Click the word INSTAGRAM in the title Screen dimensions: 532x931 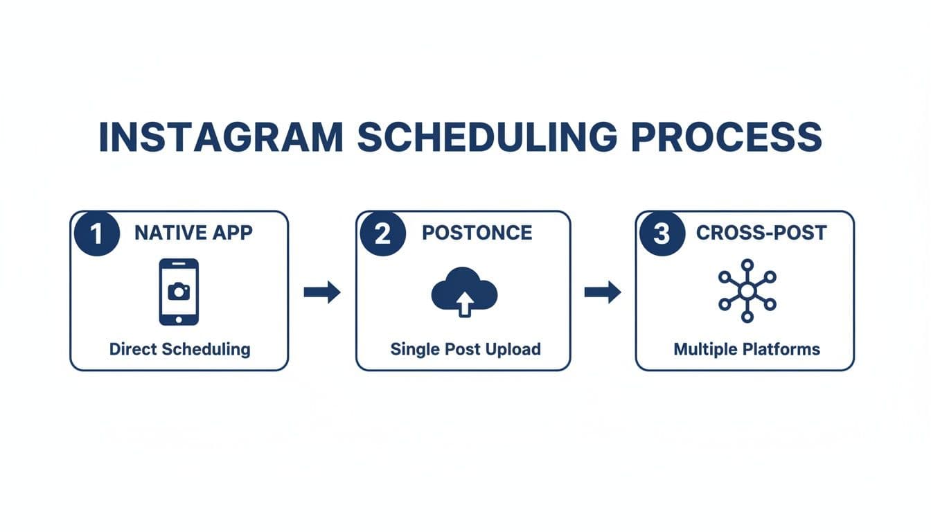[x=221, y=137]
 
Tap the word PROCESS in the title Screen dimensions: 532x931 [x=727, y=137]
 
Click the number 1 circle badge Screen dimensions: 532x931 [x=96, y=233]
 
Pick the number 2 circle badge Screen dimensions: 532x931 [x=382, y=233]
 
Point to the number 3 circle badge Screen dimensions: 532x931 [x=662, y=233]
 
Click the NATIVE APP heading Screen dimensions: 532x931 [x=193, y=233]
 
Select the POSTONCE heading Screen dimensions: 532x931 [x=477, y=233]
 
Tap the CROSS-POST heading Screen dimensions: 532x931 [x=761, y=233]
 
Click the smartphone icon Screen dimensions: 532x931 [x=179, y=292]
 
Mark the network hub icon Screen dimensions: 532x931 [x=747, y=291]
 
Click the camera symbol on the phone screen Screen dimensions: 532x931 [x=179, y=292]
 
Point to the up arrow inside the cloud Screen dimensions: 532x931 [x=465, y=302]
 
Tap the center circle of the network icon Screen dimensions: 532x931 [x=747, y=291]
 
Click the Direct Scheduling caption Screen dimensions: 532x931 [x=179, y=348]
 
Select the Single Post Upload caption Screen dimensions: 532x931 [x=465, y=348]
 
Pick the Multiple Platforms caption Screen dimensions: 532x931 [x=747, y=348]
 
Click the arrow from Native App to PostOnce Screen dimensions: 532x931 [x=322, y=292]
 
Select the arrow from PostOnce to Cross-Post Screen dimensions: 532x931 [x=603, y=292]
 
